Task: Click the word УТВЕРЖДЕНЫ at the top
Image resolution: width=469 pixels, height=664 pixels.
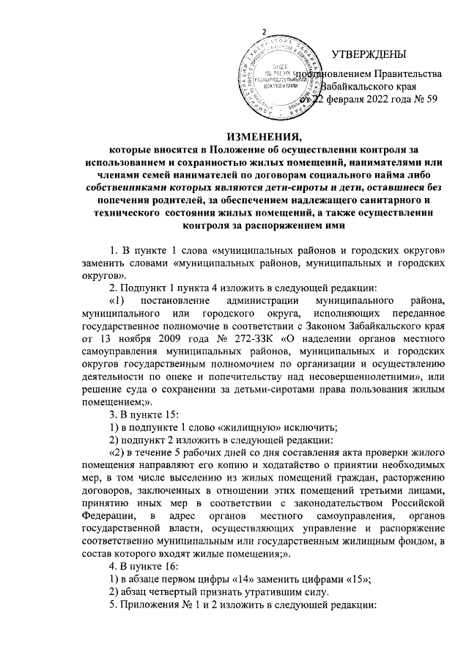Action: (368, 55)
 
